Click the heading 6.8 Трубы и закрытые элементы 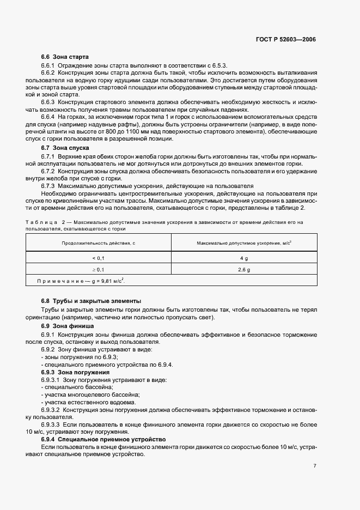(83, 301)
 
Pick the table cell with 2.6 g (245, 270)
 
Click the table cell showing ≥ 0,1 (99, 270)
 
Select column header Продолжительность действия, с (99, 242)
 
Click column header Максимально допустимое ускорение (244, 242)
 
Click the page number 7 (315, 466)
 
